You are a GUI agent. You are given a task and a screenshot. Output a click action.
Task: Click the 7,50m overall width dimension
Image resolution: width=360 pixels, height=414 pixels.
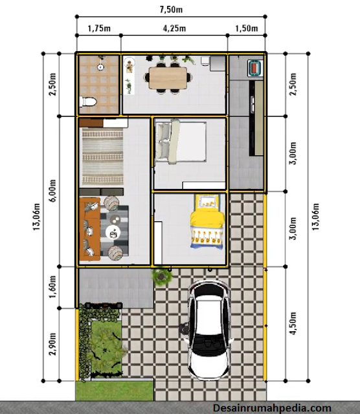tap(171, 10)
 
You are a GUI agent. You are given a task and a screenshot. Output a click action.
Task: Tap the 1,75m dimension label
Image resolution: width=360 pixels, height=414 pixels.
tap(99, 28)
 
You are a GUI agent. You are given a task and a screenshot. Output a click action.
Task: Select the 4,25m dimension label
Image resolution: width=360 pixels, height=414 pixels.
tap(174, 28)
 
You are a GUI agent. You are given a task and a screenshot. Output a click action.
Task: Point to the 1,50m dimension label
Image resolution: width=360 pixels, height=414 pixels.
tap(247, 28)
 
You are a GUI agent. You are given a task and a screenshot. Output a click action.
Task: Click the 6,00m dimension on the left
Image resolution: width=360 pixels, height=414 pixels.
tap(52, 191)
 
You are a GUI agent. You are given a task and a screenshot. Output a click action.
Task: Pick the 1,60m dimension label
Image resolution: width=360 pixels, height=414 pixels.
tap(52, 287)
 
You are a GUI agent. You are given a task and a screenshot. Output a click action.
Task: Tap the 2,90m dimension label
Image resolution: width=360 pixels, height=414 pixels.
tap(52, 344)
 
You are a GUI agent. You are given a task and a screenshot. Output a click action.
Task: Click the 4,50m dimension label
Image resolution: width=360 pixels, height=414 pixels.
tap(293, 323)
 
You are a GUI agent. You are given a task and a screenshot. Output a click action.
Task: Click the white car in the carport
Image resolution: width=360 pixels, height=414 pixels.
tap(208, 330)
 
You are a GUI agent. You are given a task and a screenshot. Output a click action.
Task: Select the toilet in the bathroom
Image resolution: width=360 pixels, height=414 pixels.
tap(87, 102)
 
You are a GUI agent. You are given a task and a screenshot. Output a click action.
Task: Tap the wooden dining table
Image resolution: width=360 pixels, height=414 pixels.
tap(168, 78)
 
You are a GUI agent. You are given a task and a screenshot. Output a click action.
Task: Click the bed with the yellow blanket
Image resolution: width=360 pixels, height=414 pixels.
tap(207, 222)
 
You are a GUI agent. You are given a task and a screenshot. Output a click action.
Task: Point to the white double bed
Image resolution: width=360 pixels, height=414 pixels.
tap(181, 142)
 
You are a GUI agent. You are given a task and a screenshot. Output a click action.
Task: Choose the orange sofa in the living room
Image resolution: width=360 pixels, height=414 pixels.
tap(90, 228)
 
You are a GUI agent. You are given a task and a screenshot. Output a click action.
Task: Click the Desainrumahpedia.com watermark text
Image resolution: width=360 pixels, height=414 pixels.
tap(272, 408)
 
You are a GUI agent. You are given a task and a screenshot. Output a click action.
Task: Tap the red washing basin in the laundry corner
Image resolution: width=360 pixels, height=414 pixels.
tap(255, 68)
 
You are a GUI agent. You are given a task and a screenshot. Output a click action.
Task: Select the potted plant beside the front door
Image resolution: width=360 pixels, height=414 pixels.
tap(161, 277)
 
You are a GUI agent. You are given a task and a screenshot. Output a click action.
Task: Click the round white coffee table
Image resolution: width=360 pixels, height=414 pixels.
tap(113, 233)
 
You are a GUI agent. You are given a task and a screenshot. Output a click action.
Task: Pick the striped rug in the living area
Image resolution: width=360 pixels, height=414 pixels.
tap(102, 157)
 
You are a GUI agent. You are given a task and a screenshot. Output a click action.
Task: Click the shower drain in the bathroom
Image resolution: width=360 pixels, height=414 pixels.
tap(100, 67)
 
